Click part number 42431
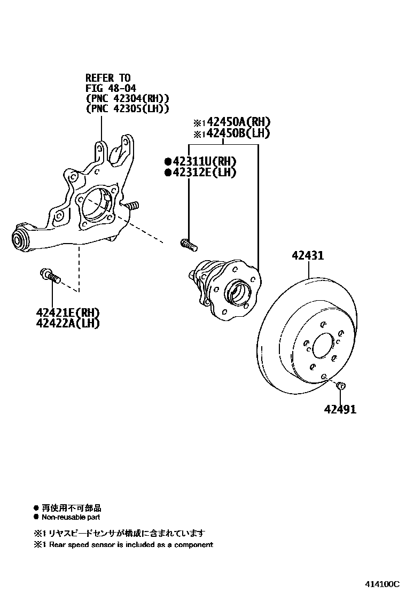(x=307, y=256)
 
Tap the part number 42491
(x=339, y=410)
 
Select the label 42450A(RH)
(x=236, y=122)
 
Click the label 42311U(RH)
(x=204, y=161)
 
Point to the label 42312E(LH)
(x=204, y=172)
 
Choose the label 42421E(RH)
(x=68, y=312)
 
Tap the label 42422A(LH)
(x=68, y=323)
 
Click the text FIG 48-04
(x=107, y=88)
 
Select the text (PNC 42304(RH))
(x=127, y=98)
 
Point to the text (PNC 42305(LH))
(x=127, y=108)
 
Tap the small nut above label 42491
(x=341, y=385)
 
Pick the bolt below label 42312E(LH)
(x=188, y=244)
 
